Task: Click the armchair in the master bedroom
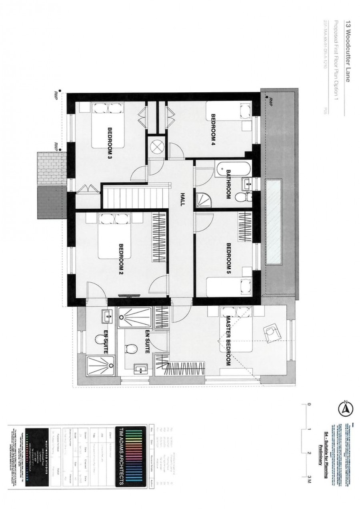pos(272,331)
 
